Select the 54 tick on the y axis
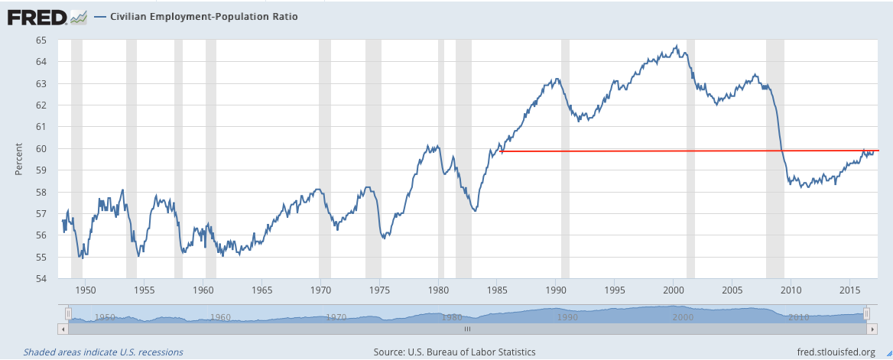click(x=41, y=278)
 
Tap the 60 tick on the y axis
click(x=41, y=148)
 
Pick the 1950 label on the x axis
click(x=86, y=290)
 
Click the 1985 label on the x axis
click(x=497, y=290)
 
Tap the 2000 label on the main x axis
click(x=674, y=290)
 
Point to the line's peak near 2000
click(x=676, y=47)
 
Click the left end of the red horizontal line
click(x=501, y=151)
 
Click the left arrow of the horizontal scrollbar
click(x=63, y=328)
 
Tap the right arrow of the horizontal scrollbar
click(x=872, y=328)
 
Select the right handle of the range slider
click(x=866, y=313)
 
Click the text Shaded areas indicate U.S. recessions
click(x=103, y=352)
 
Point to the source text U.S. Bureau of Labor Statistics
click(x=454, y=352)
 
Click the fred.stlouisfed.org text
click(x=824, y=352)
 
